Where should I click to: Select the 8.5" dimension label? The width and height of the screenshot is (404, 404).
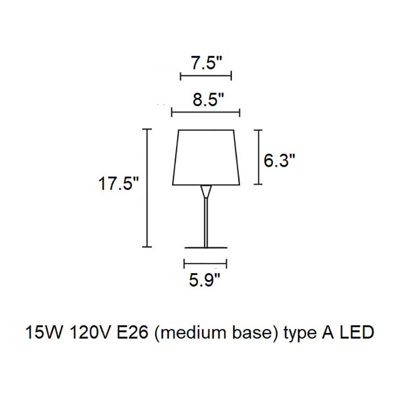(208, 99)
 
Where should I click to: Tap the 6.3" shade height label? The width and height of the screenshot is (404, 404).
(279, 161)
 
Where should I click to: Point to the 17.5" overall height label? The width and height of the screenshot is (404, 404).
(119, 184)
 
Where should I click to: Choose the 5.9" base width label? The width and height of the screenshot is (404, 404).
(205, 280)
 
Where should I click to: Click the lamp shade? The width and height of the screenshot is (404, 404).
(206, 158)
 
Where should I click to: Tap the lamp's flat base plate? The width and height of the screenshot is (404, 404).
(206, 247)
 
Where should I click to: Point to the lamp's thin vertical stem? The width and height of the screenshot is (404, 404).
(206, 222)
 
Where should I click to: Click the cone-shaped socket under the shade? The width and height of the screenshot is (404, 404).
(206, 191)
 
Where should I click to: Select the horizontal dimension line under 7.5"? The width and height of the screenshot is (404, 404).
(206, 76)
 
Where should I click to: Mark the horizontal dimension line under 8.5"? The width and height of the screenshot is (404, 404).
(206, 112)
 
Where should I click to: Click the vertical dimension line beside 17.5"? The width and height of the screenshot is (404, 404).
(147, 188)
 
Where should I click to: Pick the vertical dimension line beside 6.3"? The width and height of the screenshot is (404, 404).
(258, 157)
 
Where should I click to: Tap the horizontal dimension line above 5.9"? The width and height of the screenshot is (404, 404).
(206, 264)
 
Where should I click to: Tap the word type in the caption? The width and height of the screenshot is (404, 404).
(300, 334)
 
